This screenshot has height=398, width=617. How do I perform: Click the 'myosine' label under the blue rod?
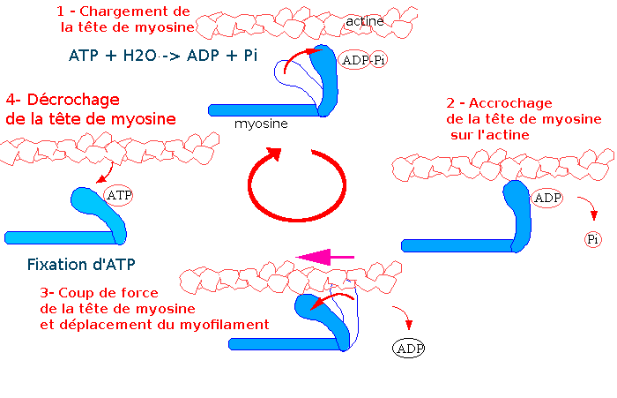(x=261, y=124)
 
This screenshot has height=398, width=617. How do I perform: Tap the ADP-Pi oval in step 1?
(x=362, y=61)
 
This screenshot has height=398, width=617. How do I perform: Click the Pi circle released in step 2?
(x=593, y=238)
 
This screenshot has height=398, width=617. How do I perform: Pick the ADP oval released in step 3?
(x=408, y=348)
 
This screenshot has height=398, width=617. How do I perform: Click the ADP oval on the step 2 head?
(x=547, y=198)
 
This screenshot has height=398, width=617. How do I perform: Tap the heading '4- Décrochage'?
(x=62, y=100)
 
